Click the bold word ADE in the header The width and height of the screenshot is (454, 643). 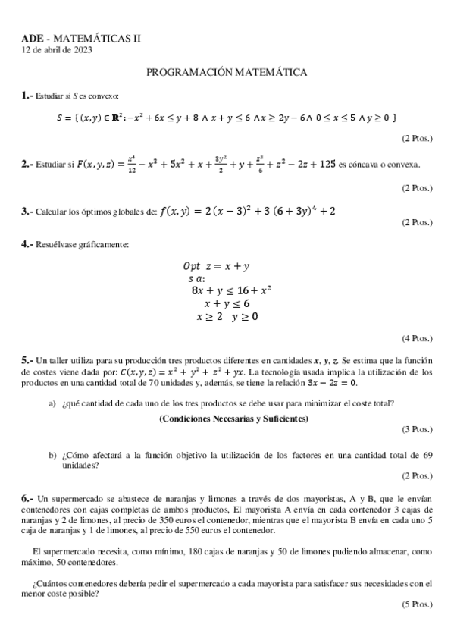point(32,38)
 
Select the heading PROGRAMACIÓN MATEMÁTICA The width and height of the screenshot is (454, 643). point(226,72)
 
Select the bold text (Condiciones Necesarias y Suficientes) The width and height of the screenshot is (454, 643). point(233,419)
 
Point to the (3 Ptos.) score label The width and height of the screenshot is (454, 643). point(417,429)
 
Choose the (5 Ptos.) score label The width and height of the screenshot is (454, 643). point(417,604)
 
